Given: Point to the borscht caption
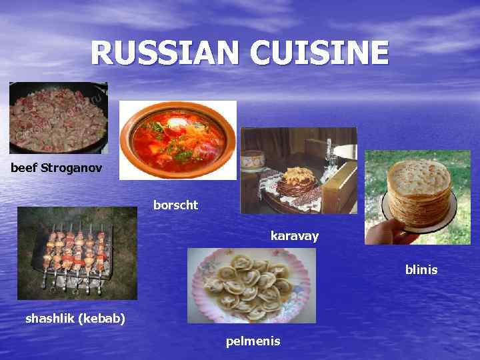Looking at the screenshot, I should [x=175, y=205].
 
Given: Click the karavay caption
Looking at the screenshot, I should [x=295, y=235].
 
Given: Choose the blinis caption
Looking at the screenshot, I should [x=421, y=270].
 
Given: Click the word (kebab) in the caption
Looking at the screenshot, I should [x=101, y=318].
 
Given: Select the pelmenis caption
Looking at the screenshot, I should [x=253, y=341].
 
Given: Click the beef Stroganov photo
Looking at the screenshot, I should [x=58, y=117].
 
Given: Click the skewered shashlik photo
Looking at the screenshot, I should [x=77, y=253].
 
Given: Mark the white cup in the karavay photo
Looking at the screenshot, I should [x=252, y=162].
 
